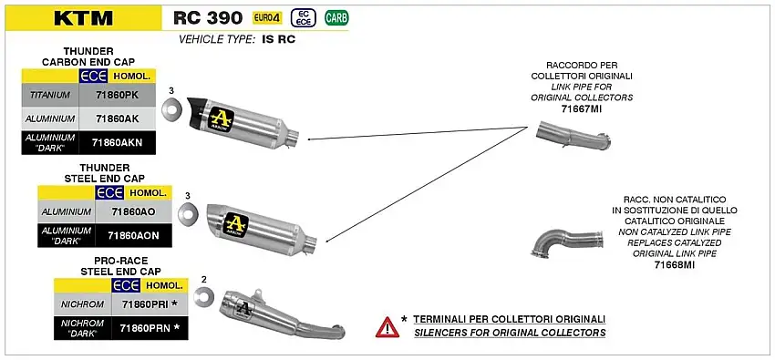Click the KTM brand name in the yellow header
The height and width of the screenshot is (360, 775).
[84, 18]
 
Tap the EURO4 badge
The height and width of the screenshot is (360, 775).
[267, 18]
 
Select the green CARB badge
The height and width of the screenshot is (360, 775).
[336, 18]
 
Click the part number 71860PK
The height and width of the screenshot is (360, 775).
[117, 95]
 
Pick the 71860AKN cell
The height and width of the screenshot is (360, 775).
[117, 142]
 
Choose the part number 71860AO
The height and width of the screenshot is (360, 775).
[133, 211]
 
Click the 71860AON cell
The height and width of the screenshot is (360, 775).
[133, 235]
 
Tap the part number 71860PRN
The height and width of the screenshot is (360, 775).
[150, 327]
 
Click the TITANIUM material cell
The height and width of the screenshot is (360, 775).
[50, 95]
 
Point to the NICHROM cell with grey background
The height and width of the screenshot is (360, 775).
[83, 304]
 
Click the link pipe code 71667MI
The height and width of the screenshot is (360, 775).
[582, 108]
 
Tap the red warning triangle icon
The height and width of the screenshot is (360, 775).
[387, 327]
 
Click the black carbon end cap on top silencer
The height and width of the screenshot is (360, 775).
[196, 112]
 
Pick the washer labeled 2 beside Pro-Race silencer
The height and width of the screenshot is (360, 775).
[203, 297]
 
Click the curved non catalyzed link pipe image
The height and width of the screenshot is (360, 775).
[566, 243]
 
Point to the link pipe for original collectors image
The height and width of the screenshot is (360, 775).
[574, 135]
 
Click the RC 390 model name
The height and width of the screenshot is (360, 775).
[208, 18]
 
